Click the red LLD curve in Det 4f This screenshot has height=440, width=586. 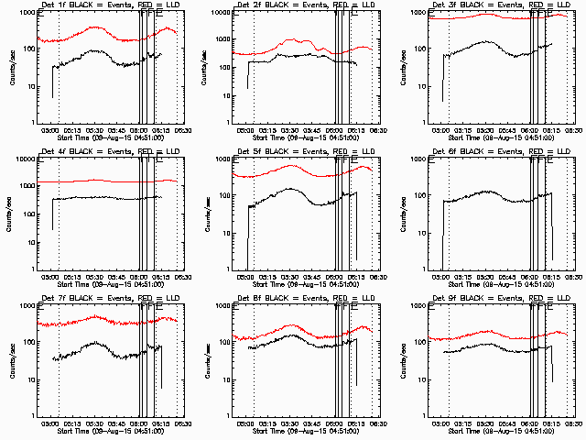coord(92,181)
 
